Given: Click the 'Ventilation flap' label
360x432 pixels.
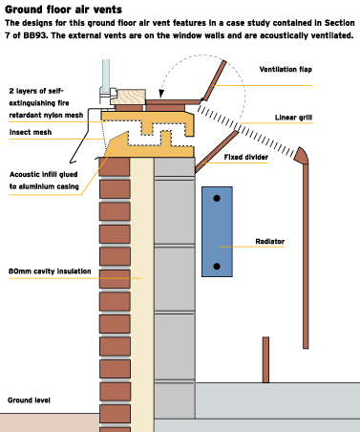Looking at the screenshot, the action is coord(286,70).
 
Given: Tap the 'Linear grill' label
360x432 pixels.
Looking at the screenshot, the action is coord(293,118).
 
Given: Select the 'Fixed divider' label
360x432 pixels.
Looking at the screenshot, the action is coord(246,157).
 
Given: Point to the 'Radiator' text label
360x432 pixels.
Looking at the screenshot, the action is coord(270,242).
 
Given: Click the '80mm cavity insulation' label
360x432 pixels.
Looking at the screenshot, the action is coord(50,271).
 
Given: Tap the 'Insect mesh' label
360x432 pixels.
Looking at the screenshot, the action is coord(31,132).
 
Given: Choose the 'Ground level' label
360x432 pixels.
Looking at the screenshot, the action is coord(29,400).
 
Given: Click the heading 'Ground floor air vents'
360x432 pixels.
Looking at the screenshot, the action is coord(63,10).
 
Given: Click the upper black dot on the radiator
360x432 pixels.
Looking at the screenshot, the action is coord(217,199).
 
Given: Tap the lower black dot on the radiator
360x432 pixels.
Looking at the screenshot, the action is coord(217,267).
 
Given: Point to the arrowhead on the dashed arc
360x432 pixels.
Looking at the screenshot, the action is coord(161,94).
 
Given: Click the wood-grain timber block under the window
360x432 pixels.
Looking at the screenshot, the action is coord(128,97).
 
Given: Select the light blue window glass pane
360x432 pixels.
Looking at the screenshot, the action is coord(106,74).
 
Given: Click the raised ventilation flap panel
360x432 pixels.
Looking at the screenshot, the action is coord(215,80).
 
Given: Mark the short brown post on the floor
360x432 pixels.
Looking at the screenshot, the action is coord(265,359).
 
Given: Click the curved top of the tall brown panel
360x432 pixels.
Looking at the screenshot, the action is coord(302,155).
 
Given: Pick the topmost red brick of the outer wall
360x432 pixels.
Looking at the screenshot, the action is coord(115,166).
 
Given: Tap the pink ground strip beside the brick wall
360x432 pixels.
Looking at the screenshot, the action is coord(50,422).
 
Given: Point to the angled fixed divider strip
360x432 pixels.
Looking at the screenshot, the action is coord(217,152).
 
